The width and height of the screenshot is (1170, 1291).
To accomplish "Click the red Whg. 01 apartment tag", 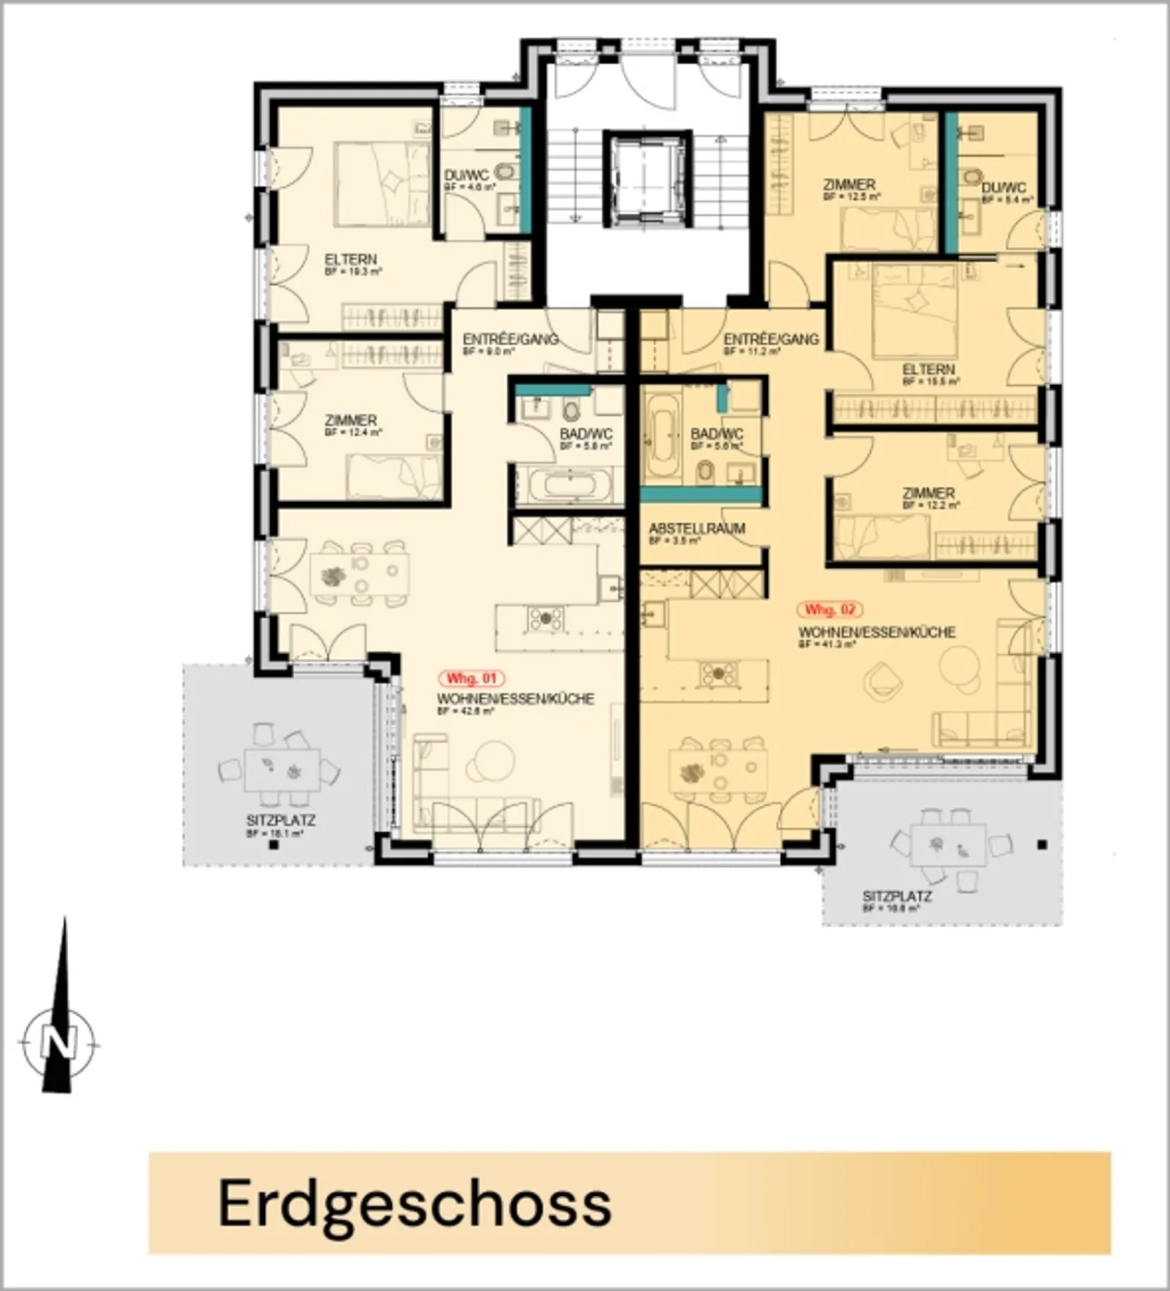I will tap(472, 678).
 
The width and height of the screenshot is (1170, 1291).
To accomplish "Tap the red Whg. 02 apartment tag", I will tap(830, 609).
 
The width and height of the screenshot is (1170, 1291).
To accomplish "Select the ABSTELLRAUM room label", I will tap(696, 529).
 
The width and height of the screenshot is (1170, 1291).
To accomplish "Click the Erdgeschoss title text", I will tap(414, 1203).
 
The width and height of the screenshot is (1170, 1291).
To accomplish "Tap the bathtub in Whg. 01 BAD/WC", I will tap(566, 486).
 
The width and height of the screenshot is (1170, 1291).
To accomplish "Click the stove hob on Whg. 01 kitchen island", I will tap(544, 619).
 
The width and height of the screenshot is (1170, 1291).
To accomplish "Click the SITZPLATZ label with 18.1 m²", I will tap(280, 821).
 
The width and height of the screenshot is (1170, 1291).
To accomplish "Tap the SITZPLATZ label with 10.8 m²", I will tap(896, 897).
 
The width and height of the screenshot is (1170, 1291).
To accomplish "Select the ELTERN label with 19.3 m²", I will tap(350, 260).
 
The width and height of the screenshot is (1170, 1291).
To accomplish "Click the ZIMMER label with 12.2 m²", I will tap(928, 493).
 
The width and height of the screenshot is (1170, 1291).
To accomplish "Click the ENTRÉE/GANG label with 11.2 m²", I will tap(770, 339).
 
